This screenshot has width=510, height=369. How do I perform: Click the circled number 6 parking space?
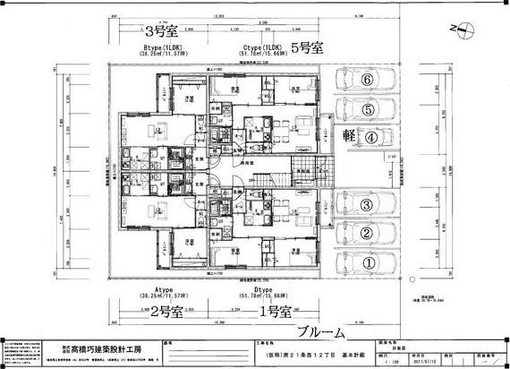point(367,80)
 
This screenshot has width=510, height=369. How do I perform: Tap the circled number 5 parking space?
point(367,108)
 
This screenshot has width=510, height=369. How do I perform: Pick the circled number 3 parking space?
point(367,205)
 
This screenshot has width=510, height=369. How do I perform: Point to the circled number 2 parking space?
point(367,234)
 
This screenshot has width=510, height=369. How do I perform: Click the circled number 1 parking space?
point(367,263)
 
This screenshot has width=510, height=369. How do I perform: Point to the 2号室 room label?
point(166,313)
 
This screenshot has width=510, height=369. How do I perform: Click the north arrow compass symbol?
point(462,30)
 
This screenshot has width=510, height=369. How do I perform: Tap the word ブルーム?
point(319,332)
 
